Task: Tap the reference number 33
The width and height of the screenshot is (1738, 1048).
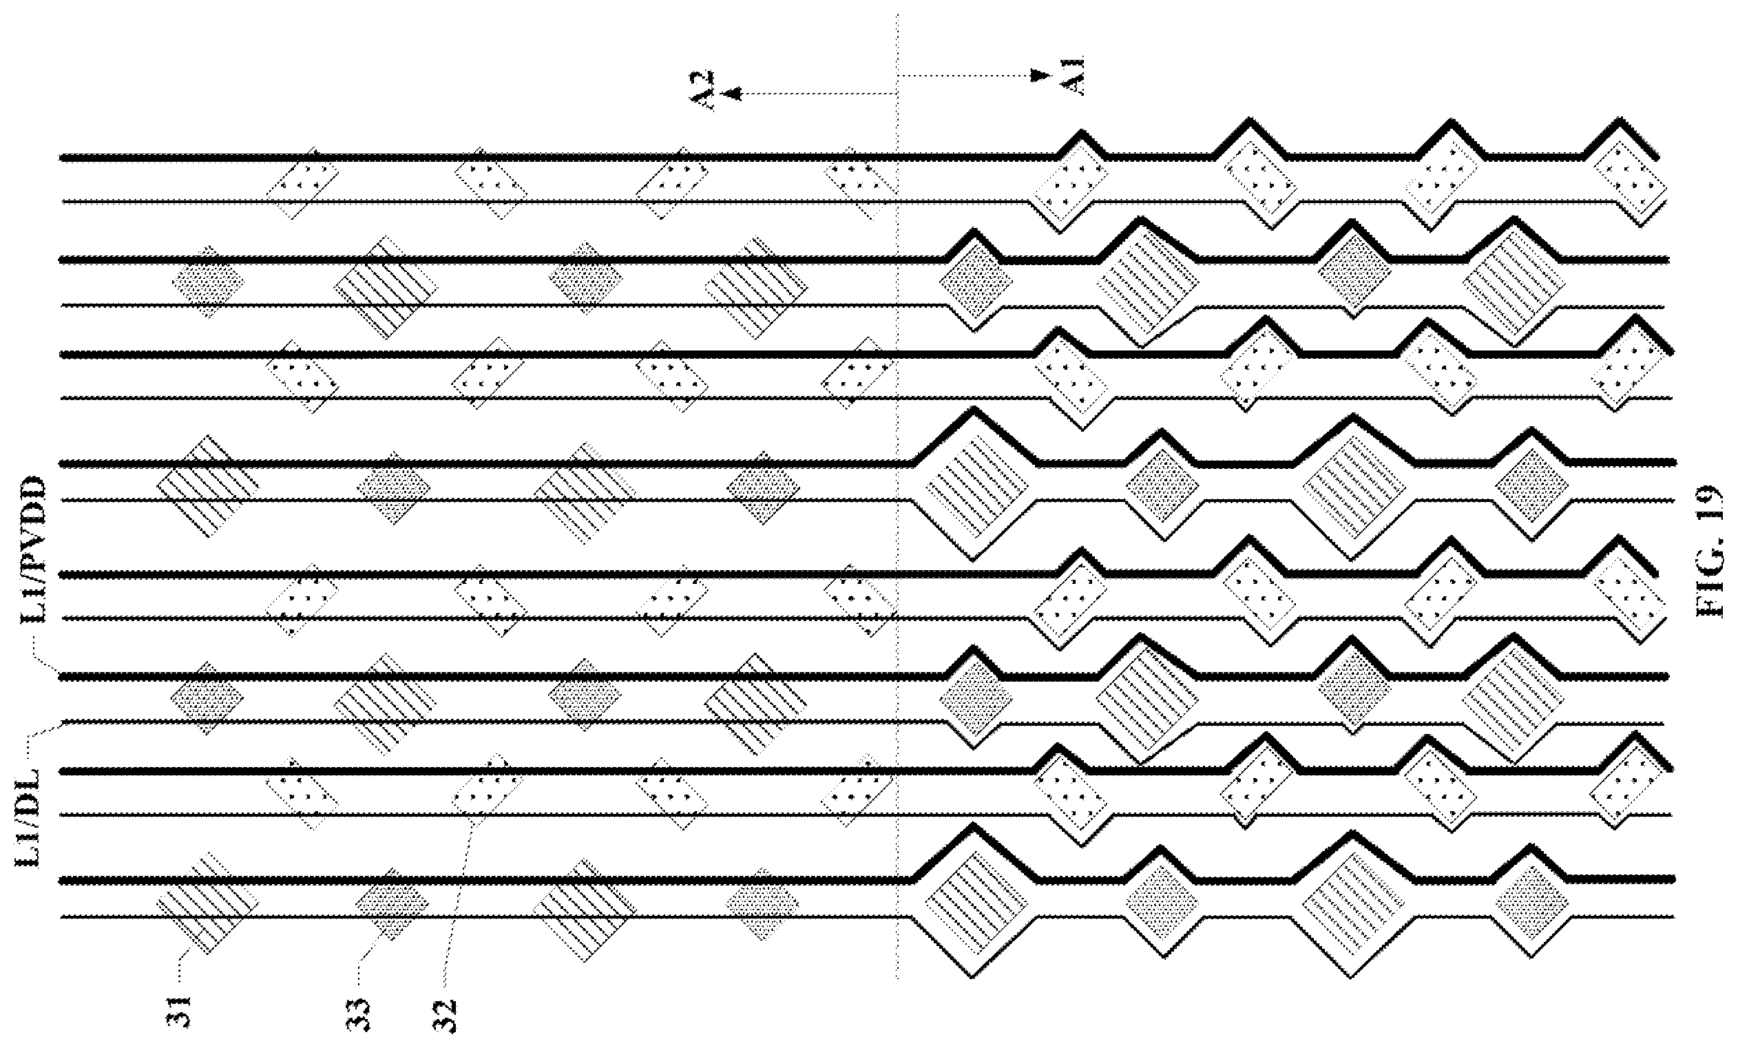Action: click(x=361, y=1014)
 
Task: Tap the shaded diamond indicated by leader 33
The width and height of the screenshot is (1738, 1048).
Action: click(x=392, y=903)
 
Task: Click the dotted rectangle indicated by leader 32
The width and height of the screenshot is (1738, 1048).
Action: click(x=488, y=790)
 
